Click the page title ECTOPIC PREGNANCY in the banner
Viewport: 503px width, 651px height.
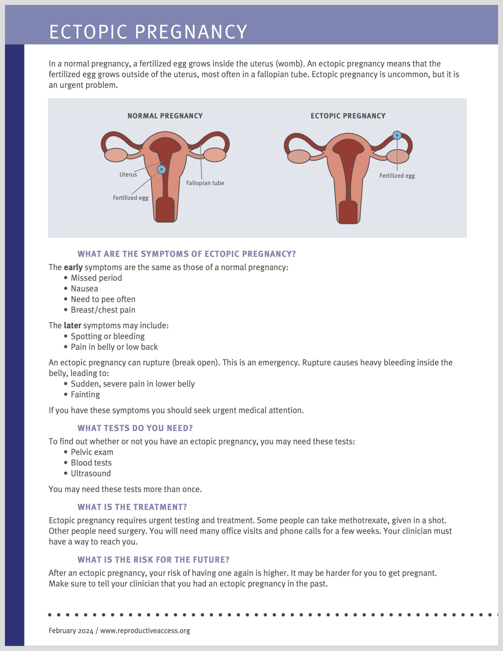(x=148, y=32)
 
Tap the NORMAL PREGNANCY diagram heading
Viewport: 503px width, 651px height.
(x=165, y=116)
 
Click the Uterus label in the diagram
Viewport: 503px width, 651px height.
(x=128, y=175)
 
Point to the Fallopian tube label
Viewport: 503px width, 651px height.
(x=205, y=183)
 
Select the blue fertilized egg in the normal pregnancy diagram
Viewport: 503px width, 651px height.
(x=161, y=170)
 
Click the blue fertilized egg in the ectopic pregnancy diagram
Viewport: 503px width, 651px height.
(x=397, y=136)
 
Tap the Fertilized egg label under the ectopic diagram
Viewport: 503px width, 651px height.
(x=397, y=176)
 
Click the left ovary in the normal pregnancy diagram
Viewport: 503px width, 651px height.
(x=116, y=155)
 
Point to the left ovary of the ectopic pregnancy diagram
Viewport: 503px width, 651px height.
(x=299, y=156)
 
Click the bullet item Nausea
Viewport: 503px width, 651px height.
(x=84, y=289)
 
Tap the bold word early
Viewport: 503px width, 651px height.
(x=73, y=267)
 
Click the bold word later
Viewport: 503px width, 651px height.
(x=72, y=325)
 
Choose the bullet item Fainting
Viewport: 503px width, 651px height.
(x=85, y=395)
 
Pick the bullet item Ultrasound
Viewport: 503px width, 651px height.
(x=91, y=473)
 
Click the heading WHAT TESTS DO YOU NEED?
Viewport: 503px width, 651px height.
(x=135, y=428)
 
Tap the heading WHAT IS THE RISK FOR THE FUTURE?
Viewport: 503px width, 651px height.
(x=153, y=560)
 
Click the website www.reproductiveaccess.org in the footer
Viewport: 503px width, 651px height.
(x=145, y=631)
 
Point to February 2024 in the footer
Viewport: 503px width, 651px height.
(x=71, y=631)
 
